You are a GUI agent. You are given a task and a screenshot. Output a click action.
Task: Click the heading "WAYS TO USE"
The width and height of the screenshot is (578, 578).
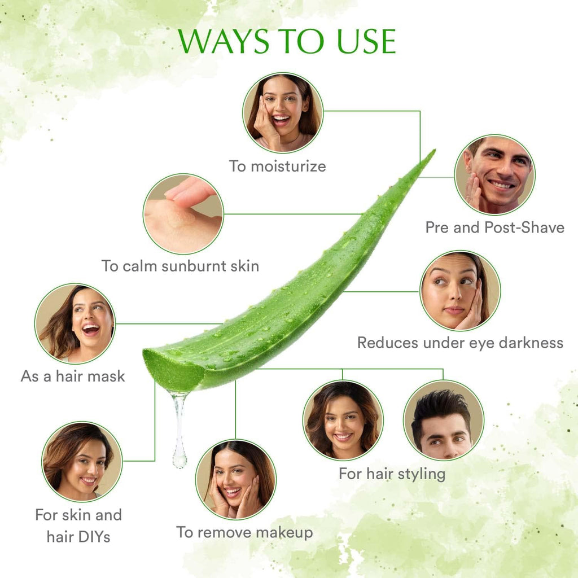coord(287,41)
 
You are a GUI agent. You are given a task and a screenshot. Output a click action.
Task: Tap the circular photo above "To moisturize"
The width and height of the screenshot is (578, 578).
coord(283,113)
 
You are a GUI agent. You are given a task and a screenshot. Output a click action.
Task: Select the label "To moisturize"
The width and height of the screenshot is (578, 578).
coord(277,166)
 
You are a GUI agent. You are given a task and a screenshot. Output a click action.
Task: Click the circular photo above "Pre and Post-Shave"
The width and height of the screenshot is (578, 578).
coord(495,174)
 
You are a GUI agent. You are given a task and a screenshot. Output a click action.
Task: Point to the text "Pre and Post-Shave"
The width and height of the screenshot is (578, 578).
coord(494,227)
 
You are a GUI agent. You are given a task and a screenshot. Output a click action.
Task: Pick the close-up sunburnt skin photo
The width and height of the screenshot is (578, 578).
coord(183,214)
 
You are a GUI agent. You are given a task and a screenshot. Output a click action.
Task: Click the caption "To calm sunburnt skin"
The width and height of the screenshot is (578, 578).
coord(180,266)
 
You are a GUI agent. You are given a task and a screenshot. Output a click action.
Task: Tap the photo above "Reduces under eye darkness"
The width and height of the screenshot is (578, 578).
coord(460,291)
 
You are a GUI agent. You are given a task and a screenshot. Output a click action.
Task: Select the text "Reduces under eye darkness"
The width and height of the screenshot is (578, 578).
coord(460,343)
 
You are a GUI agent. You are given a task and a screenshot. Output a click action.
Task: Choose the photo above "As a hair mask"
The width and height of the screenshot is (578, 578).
coord(75,323)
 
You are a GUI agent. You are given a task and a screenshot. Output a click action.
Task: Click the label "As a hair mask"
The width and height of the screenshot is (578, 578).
coord(73,376)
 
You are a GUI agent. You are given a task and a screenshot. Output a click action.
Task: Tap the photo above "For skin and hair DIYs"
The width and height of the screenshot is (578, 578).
coord(82,461)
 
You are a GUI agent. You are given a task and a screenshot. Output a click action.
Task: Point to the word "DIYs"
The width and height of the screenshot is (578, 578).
coord(96,536)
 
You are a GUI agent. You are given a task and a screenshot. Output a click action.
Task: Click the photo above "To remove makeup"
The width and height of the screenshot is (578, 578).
coord(236,479)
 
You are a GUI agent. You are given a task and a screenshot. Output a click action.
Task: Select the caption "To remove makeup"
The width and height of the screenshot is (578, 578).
coord(244,532)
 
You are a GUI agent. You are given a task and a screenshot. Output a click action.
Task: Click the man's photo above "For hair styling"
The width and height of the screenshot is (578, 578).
coord(443,420)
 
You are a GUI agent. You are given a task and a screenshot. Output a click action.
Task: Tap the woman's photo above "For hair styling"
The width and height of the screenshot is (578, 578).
coord(343,421)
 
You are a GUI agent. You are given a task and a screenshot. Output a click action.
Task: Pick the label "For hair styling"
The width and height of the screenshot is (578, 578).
coord(392,474)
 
